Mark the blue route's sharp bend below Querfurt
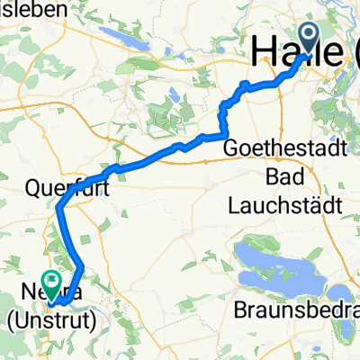click(60, 209)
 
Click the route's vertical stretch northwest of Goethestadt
click(223, 120)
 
